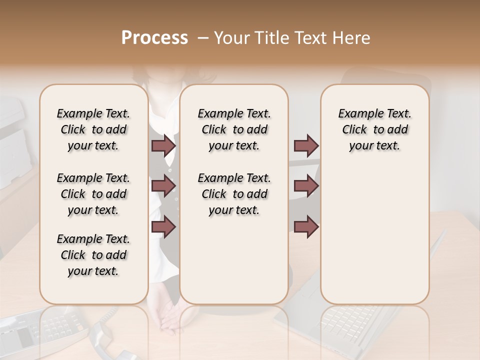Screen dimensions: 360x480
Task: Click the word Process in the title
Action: coord(154,38)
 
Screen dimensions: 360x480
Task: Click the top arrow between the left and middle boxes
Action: coord(163,145)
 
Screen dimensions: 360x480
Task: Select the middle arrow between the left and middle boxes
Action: coord(163,186)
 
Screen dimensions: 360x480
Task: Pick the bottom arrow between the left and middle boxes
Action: coord(163,226)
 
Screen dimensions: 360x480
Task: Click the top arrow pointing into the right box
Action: coord(306,145)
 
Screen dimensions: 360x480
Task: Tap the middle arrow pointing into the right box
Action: coord(306,186)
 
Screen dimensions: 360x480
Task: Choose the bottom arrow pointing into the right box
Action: coord(306,226)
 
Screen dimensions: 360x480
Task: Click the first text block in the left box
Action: coord(93,129)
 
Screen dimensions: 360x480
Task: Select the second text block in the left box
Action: coord(93,194)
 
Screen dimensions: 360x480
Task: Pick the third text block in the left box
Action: coord(93,255)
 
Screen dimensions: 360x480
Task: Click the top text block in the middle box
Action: coord(234,129)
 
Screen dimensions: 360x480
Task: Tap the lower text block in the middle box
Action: coord(234,194)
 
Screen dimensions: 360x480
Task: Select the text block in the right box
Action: coord(375,129)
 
